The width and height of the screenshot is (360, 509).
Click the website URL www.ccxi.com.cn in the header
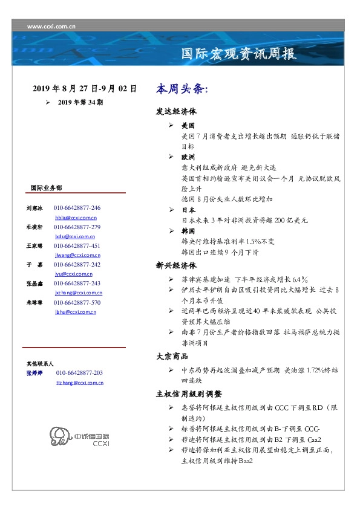pos(51,27)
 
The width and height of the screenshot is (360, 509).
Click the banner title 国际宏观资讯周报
pos(240,54)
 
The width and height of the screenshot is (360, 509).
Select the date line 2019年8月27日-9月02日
pos(85,89)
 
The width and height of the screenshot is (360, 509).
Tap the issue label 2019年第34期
pos(80,103)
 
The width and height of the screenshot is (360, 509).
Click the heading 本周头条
pos(182,89)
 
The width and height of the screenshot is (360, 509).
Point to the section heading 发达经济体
pos(176,112)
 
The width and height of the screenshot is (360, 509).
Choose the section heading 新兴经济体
pos(176,265)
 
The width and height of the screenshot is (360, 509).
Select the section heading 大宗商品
pos(172,357)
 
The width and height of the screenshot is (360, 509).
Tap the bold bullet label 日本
pos(188,210)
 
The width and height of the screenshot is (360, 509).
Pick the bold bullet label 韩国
pos(188,232)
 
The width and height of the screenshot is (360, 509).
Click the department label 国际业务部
pos(46,188)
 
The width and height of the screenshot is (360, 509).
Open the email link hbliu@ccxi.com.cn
pos(76,217)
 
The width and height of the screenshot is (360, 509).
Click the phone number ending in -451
pos(77,246)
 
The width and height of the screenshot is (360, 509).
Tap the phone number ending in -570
pos(77,302)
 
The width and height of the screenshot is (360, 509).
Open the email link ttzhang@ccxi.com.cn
pos(79,383)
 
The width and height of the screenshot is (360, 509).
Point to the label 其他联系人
pos(40,364)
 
